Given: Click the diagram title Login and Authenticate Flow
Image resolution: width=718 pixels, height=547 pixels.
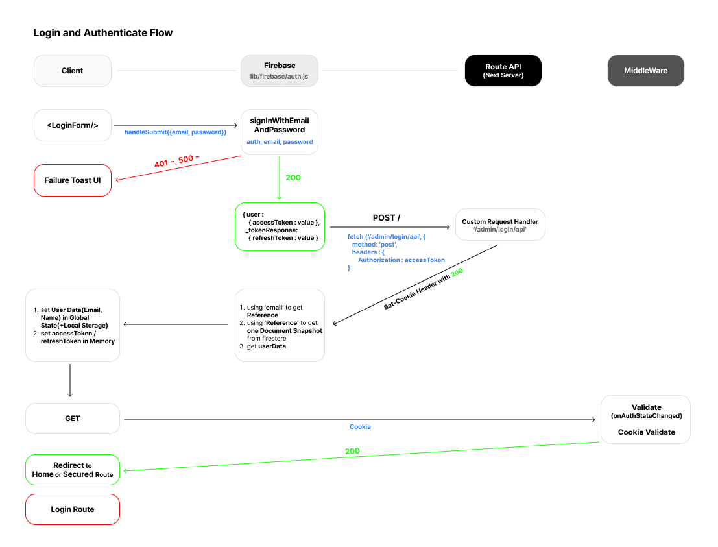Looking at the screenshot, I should pyautogui.click(x=102, y=33).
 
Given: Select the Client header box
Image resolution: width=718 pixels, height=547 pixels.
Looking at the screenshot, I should pyautogui.click(x=73, y=71).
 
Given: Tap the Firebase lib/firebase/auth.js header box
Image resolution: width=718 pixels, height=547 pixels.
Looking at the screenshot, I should pyautogui.click(x=280, y=71).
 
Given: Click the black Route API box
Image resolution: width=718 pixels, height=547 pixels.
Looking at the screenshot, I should pyautogui.click(x=503, y=71).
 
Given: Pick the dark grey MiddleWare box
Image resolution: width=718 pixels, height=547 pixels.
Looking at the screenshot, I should pyautogui.click(x=645, y=71).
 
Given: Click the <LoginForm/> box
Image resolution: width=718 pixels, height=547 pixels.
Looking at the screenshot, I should pyautogui.click(x=73, y=125).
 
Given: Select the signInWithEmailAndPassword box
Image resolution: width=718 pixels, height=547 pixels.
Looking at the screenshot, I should pyautogui.click(x=280, y=132).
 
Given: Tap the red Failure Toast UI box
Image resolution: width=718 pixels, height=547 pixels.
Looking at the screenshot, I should pyautogui.click(x=73, y=180).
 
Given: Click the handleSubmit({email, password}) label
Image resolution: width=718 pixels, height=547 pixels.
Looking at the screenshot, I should pyautogui.click(x=175, y=132).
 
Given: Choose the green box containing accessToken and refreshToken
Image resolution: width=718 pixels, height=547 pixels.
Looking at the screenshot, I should pyautogui.click(x=280, y=226).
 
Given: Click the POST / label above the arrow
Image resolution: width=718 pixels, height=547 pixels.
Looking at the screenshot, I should pyautogui.click(x=386, y=217).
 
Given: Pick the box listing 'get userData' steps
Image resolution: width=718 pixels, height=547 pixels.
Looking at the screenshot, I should pyautogui.click(x=280, y=325).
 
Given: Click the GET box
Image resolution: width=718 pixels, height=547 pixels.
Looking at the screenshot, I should pyautogui.click(x=73, y=419).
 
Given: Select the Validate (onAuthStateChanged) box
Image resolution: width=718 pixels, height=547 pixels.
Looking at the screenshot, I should pyautogui.click(x=645, y=420).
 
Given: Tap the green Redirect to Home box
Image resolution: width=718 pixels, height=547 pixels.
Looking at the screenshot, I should pyautogui.click(x=73, y=470).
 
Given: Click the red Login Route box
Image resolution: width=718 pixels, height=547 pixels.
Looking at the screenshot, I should pyautogui.click(x=73, y=509).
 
